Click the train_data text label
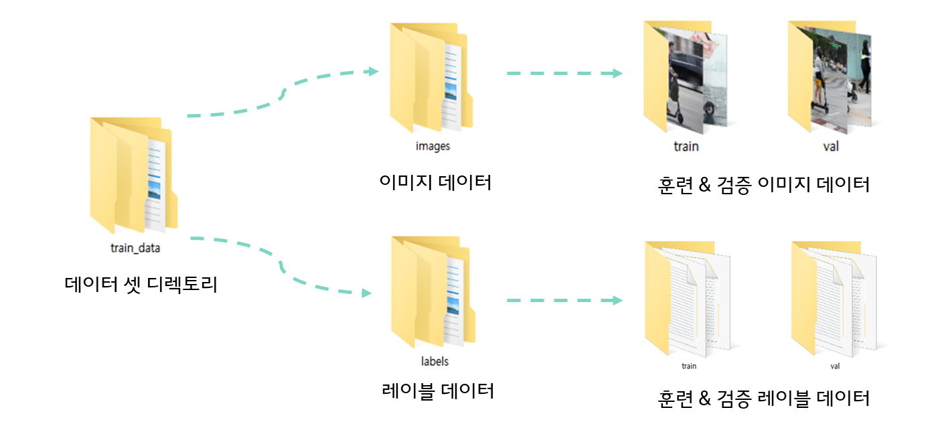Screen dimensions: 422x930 135,248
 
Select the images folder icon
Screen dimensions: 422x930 431,78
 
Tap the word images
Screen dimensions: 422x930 433,146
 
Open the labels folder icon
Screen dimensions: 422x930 433,292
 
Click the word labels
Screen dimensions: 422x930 435,361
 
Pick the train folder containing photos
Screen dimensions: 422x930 685,78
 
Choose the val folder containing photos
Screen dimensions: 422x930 829,78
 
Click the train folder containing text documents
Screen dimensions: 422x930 687,297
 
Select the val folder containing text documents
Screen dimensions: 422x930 833,297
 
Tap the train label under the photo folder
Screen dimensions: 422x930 686,145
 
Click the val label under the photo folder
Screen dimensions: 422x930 830,145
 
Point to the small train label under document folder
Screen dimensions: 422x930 689,366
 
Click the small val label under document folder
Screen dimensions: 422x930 834,366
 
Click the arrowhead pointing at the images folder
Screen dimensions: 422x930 374,72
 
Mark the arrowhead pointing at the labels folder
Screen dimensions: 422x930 366,293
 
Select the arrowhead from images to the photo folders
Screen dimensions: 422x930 617,73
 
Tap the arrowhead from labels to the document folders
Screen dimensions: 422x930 617,300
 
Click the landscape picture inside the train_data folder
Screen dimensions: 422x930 154,190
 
